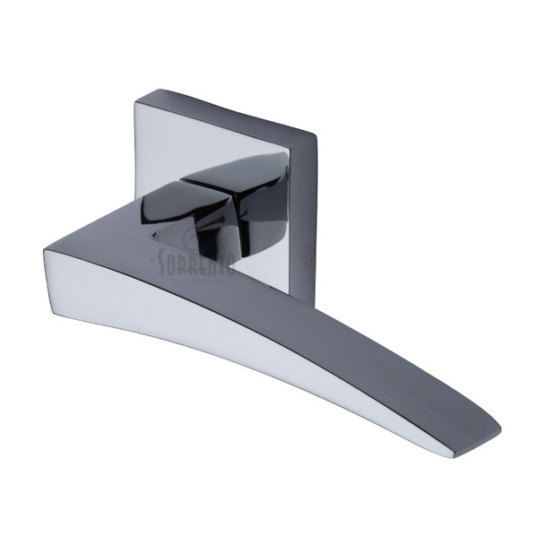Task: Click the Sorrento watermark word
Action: click(196, 262)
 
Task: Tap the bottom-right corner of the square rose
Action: click(290, 294)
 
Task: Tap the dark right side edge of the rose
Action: click(302, 215)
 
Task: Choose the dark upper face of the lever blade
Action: click(296, 323)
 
